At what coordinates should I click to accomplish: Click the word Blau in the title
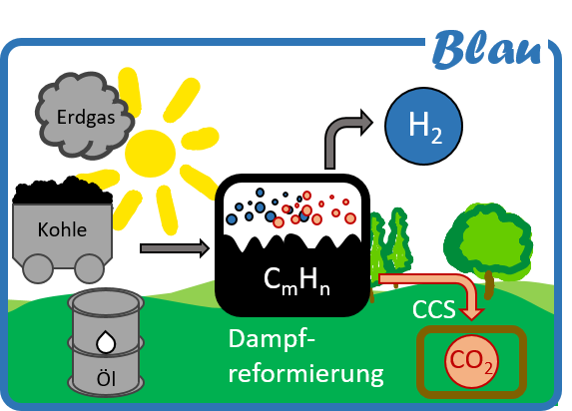pos(487,50)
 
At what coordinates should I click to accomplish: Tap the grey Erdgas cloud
pos(85,116)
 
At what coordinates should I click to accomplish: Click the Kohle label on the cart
pos(62,229)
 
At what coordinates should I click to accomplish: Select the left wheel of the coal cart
pos(38,268)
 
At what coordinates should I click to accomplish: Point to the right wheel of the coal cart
pos(90,268)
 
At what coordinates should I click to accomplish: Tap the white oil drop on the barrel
pos(106,342)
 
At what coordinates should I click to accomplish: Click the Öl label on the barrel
pos(106,378)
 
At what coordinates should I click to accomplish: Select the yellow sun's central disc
pos(151,154)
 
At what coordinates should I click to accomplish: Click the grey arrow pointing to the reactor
pos(175,248)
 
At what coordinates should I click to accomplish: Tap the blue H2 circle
pos(424,126)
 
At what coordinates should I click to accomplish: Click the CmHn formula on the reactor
pos(296,280)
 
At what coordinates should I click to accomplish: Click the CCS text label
pos(434,309)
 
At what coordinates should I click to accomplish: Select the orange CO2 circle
pos(472,361)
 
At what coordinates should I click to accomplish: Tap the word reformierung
pos(305,373)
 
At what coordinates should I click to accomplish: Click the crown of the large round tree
pos(489,240)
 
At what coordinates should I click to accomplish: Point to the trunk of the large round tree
pos(489,285)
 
